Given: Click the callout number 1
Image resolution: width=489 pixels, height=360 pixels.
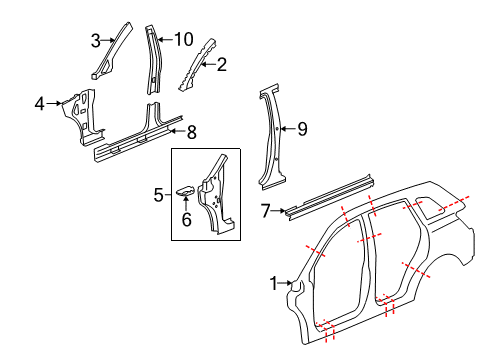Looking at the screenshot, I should click(273, 283).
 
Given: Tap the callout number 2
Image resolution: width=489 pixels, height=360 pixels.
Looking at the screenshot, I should click(222, 65).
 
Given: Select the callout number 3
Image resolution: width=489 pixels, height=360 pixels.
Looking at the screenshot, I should click(95, 41).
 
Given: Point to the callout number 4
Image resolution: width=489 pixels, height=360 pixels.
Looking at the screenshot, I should click(39, 102).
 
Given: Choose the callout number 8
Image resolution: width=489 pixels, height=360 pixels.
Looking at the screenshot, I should click(193, 129).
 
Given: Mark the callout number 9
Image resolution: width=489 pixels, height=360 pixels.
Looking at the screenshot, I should click(302, 127).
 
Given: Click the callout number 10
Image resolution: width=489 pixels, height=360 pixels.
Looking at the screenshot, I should click(183, 40).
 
